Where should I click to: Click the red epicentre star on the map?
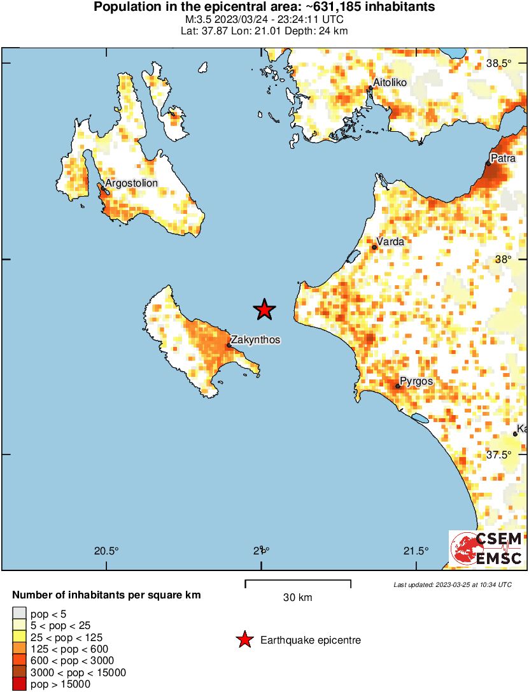(x=264, y=310)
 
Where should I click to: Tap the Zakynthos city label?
(x=255, y=340)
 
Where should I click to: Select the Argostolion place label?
(x=131, y=183)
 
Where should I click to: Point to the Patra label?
(x=503, y=158)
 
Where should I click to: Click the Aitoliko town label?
(x=390, y=82)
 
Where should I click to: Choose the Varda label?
(x=390, y=242)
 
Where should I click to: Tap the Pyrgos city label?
(x=417, y=381)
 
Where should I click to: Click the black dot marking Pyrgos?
(x=398, y=386)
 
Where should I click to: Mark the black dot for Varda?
(x=374, y=248)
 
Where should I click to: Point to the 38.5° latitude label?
(x=499, y=63)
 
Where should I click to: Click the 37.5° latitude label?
(x=498, y=455)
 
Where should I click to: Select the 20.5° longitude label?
(x=106, y=551)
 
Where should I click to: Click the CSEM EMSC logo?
(x=487, y=549)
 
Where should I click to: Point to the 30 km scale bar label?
(x=297, y=597)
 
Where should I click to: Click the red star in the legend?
(x=244, y=640)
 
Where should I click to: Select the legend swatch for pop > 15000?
(x=18, y=684)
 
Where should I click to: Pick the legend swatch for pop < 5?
(x=18, y=614)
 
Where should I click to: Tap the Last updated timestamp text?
(x=452, y=584)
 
